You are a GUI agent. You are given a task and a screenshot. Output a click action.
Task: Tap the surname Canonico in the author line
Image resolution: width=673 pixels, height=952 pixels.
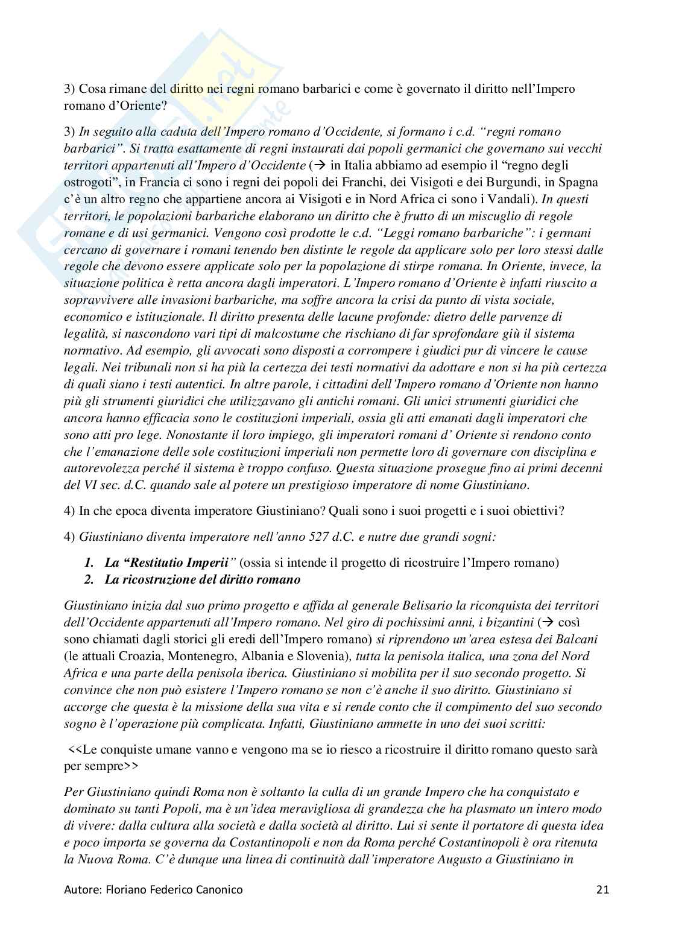coord(219,889)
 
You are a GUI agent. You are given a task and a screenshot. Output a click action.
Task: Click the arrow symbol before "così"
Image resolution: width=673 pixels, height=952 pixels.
coord(546,622)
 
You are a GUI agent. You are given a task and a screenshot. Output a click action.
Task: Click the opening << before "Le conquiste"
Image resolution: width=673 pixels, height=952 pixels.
coord(75,749)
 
